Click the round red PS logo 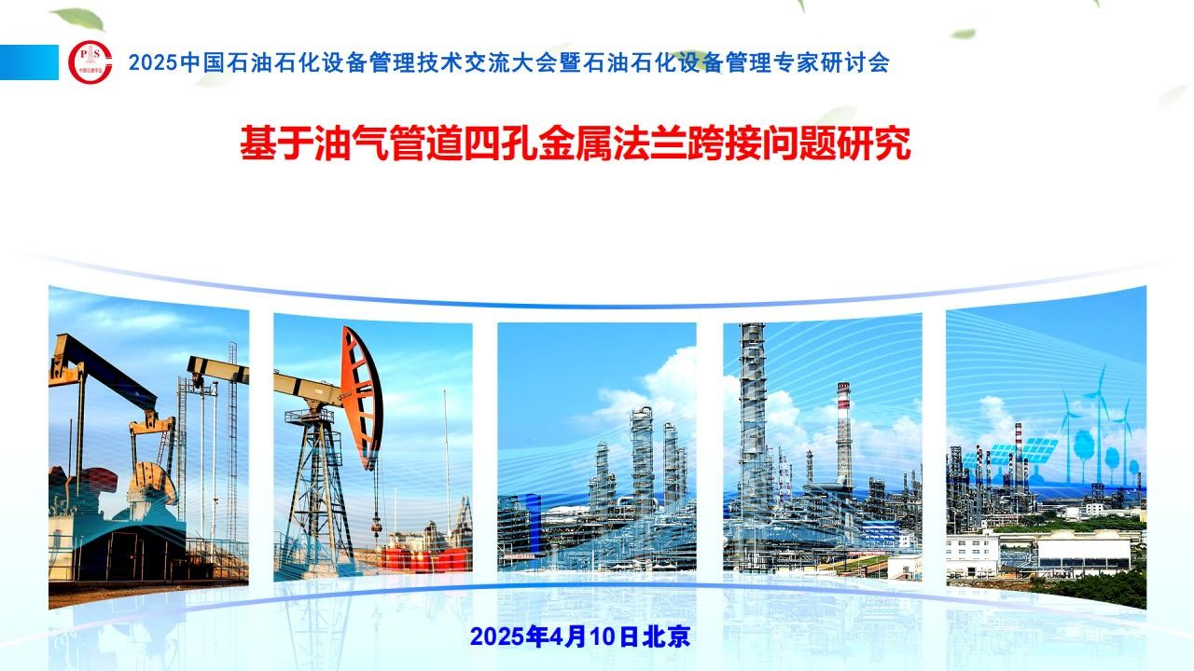tap(90, 62)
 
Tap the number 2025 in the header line tap(153, 62)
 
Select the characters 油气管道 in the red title tap(389, 143)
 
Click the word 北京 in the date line tap(666, 637)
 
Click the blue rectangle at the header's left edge tap(29, 62)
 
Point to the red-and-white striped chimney tap(843, 432)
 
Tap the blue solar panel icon tap(1039, 450)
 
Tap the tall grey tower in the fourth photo tap(753, 420)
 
